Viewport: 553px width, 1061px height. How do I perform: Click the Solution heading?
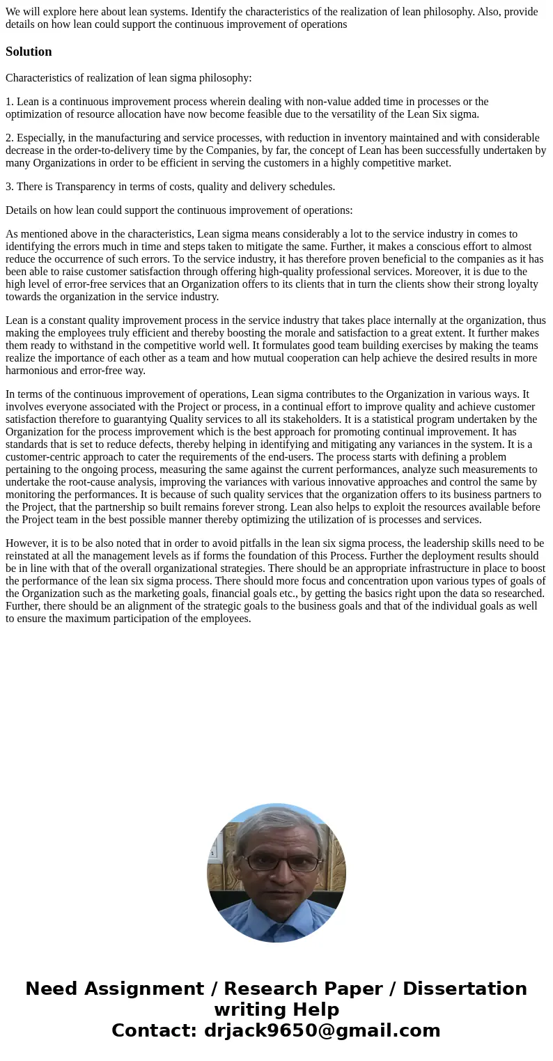pos(29,52)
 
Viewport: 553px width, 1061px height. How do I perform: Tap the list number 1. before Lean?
pos(10,102)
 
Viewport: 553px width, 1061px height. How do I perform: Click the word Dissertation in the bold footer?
pos(465,989)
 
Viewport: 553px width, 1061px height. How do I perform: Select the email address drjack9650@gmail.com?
pos(322,1031)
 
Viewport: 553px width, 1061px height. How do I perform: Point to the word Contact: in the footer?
pos(155,1031)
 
